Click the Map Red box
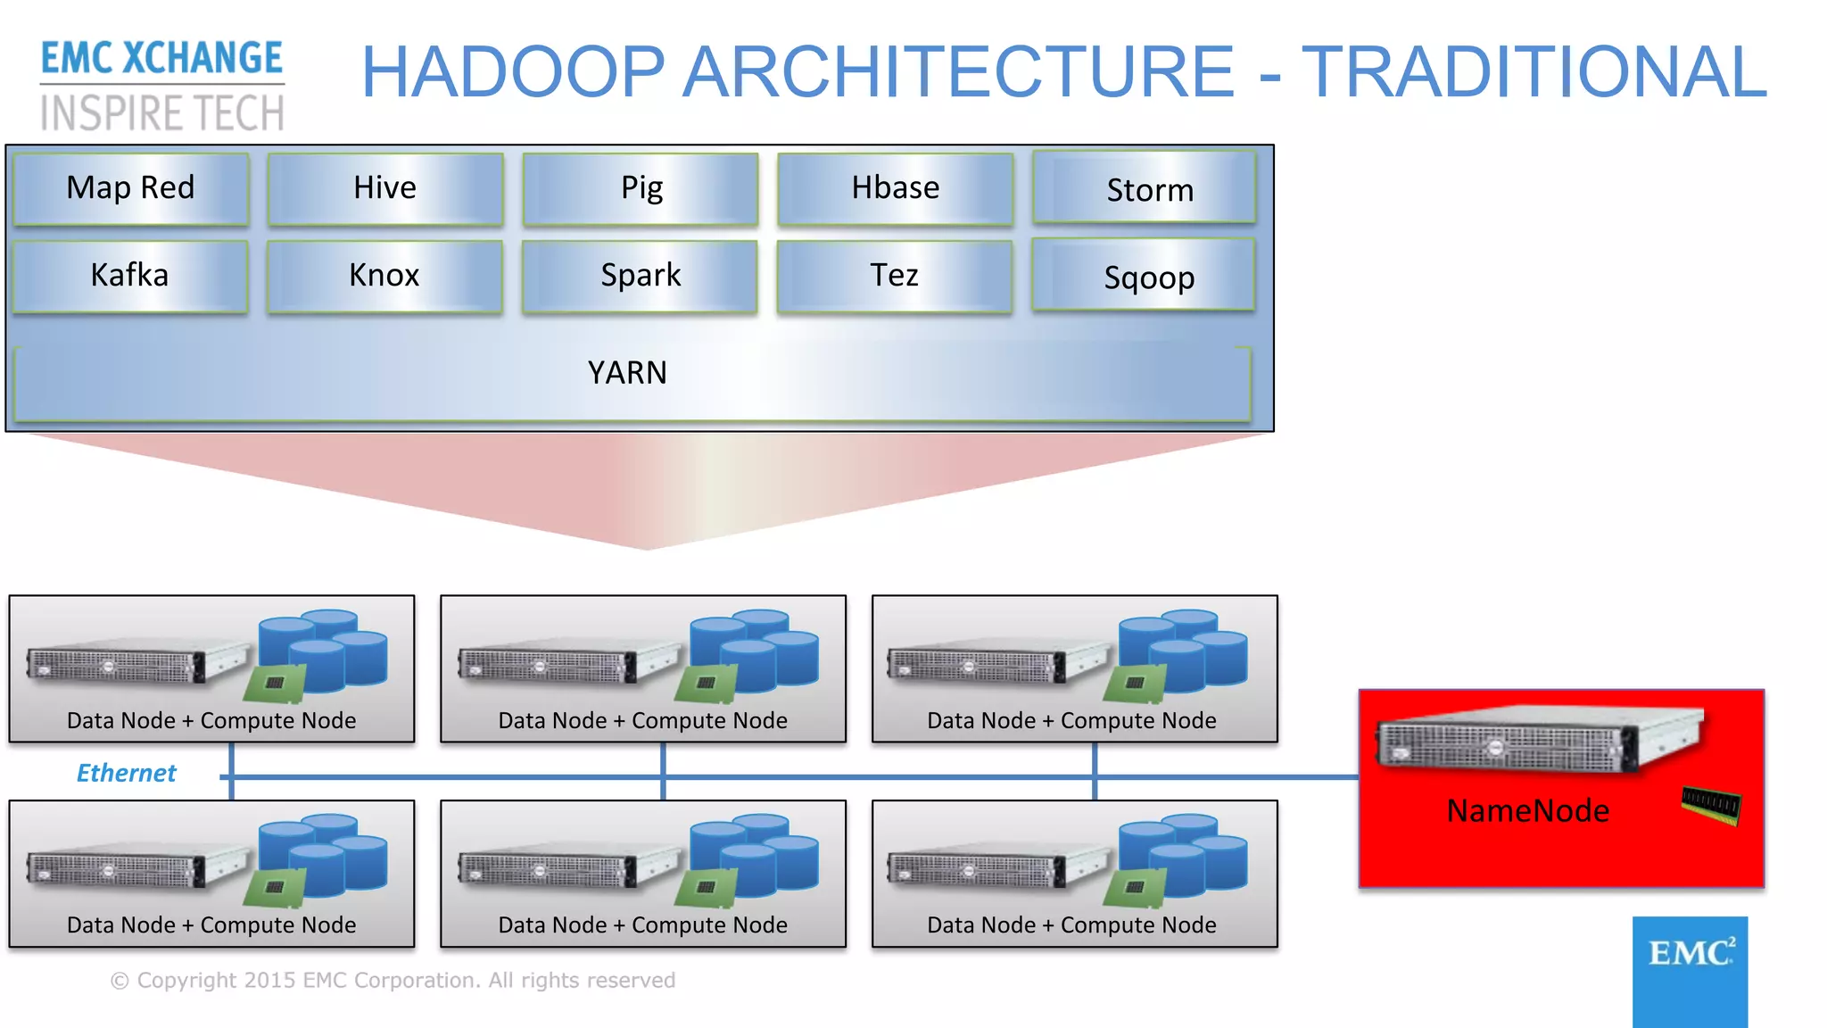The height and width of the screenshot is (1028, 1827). (x=130, y=188)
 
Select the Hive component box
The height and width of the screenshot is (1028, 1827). (x=384, y=188)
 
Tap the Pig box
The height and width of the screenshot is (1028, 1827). (x=641, y=188)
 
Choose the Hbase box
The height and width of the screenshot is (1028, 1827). (x=895, y=188)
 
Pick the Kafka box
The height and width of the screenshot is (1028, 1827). (x=130, y=276)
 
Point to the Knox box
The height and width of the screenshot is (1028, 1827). (x=384, y=276)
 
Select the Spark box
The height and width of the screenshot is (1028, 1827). (x=640, y=276)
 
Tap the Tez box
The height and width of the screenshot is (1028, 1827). (x=894, y=276)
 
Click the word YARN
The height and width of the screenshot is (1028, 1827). (x=627, y=373)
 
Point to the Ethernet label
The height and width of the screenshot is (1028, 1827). (x=126, y=773)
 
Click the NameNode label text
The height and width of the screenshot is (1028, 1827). (x=1527, y=811)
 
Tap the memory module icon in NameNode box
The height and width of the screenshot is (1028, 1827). (x=1710, y=805)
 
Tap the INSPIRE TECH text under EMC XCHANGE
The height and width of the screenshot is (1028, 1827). (x=162, y=113)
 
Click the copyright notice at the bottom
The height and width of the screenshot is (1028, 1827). (x=393, y=981)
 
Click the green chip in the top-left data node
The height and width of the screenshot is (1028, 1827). (x=274, y=684)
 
